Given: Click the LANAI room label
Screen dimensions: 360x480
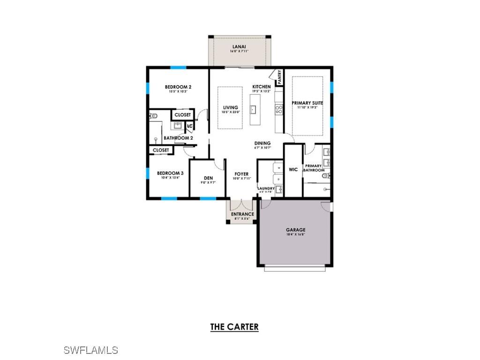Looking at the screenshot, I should click(239, 46).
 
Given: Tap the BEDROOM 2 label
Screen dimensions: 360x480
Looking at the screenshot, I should click(178, 87).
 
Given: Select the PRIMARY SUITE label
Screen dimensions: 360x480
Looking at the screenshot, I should click(307, 103).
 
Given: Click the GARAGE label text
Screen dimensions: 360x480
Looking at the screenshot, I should click(296, 230).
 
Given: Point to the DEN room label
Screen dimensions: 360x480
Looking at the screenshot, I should click(209, 178).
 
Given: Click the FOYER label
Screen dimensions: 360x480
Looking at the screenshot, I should click(241, 174).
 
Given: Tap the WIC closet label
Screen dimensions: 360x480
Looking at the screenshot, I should click(293, 170).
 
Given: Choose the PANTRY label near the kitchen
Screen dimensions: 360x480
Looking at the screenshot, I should click(279, 77).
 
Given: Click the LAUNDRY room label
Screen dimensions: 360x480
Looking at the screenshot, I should click(266, 188).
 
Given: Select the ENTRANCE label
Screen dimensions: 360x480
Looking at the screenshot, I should click(242, 214).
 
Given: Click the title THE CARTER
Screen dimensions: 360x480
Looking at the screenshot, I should click(234, 327).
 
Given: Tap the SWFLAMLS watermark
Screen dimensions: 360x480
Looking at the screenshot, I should click(90, 350).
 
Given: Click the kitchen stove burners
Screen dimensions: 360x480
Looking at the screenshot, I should click(279, 110).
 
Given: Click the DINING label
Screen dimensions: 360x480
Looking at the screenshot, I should click(262, 143).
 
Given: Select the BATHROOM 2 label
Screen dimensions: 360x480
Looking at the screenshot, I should click(178, 138).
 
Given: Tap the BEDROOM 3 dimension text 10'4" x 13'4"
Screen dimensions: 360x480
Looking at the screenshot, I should click(170, 178).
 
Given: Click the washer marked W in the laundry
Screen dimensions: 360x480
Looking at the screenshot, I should click(279, 167).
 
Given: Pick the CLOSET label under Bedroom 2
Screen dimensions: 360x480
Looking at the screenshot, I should click(182, 115).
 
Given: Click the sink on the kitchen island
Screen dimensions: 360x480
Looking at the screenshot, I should click(253, 110).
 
